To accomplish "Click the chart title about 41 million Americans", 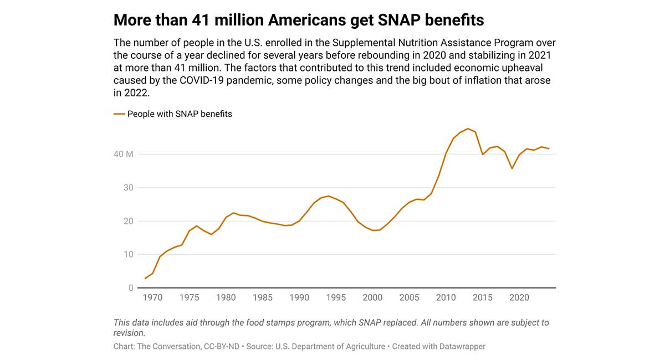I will (299, 20).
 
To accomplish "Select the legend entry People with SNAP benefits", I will (179, 114).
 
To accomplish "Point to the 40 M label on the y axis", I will (124, 154).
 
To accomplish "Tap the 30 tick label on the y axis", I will (128, 188).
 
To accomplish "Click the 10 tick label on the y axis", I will (128, 255).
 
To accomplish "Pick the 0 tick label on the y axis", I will (131, 288).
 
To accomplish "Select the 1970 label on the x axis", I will (153, 298).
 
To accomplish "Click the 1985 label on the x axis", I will (263, 298).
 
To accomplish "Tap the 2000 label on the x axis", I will (372, 298).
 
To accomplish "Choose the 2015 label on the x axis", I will (483, 298).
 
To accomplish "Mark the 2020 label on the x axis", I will (519, 298).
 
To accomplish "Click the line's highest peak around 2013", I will (468, 128).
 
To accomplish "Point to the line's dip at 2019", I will (512, 168).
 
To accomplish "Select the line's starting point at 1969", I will (146, 278).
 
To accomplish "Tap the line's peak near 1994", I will (329, 196).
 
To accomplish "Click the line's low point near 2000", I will (373, 230).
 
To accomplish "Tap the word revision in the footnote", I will (128, 333).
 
